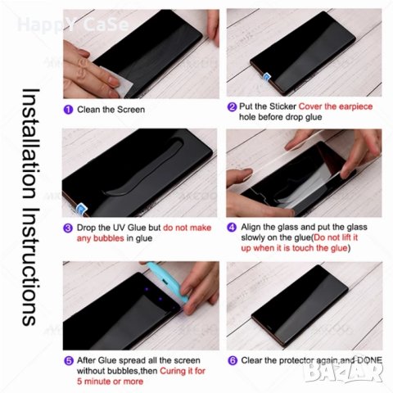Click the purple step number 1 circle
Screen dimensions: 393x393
point(67,110)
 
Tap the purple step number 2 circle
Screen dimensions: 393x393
point(232,106)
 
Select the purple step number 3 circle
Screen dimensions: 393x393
point(67,227)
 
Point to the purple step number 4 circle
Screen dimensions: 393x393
point(232,227)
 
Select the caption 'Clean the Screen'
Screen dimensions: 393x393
point(111,110)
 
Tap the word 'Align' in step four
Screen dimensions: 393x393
point(251,227)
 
